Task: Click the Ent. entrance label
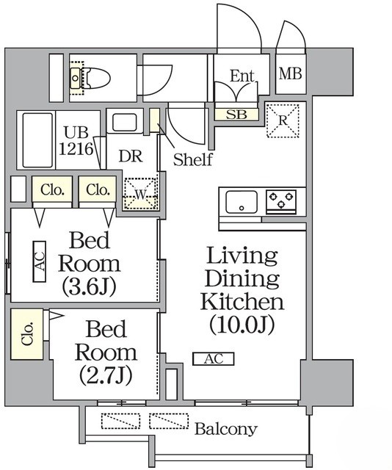[242, 76]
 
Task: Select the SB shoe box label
[236, 115]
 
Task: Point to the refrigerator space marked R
[283, 120]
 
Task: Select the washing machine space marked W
[140, 195]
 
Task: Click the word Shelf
[193, 159]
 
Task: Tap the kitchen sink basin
[241, 200]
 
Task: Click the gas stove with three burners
[281, 200]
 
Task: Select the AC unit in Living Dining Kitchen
[213, 359]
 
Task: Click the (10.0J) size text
[242, 324]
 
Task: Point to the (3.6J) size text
[90, 285]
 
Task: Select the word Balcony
[226, 429]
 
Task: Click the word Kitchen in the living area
[243, 301]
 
